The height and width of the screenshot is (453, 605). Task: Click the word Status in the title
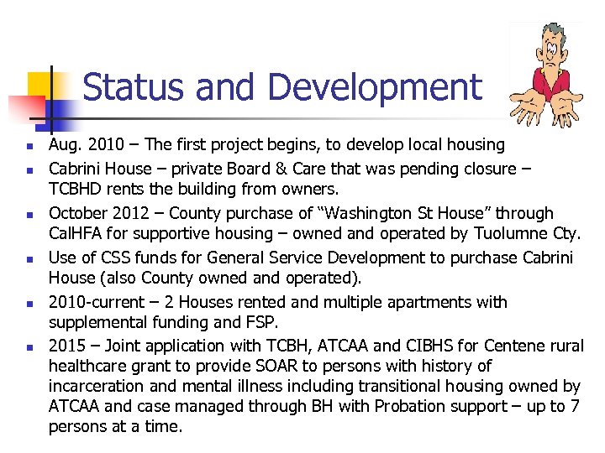pyautogui.click(x=128, y=88)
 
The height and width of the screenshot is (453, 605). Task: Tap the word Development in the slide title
pyautogui.click(x=372, y=88)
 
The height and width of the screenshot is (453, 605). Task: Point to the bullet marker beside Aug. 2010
pyautogui.click(x=29, y=147)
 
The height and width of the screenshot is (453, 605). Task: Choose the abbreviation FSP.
pyautogui.click(x=298, y=322)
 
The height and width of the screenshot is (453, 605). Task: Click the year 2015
pyautogui.click(x=67, y=346)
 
